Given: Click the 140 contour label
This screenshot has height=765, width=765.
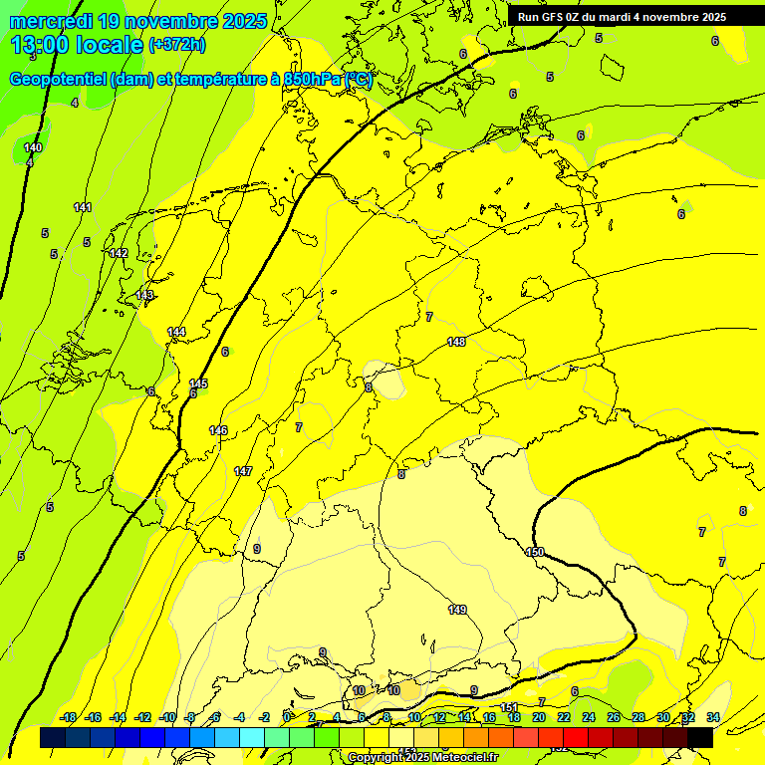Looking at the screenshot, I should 33,147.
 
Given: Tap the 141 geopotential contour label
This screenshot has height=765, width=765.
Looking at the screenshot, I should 83,207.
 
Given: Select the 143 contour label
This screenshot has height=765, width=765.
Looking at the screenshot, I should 145,295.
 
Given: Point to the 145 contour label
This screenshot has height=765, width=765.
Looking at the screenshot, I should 198,383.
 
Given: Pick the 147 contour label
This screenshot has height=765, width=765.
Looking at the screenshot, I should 243,470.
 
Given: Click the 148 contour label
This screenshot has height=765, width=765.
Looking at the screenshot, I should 456,342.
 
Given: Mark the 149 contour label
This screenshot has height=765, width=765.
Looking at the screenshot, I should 457,609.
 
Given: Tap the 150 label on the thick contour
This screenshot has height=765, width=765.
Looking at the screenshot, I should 535,552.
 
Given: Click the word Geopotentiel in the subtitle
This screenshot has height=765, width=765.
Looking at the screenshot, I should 60,80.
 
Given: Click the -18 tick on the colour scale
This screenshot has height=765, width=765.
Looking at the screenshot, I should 68,717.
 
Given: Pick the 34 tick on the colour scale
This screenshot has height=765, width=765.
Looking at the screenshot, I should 713,717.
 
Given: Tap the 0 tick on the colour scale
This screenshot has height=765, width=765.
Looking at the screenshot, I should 287,717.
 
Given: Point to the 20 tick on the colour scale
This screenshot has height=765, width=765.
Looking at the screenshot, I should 539,717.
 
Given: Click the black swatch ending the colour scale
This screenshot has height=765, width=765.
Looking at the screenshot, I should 700,737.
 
